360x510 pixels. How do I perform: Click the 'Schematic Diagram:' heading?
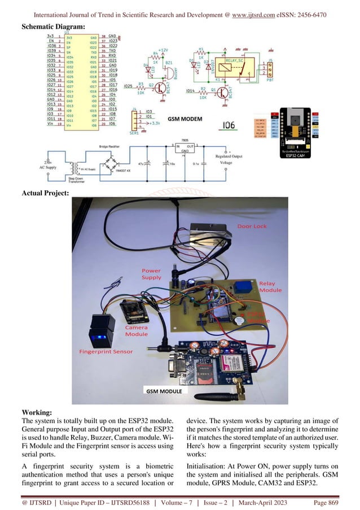[x=53, y=27]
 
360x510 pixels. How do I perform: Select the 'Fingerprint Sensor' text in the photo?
[x=106, y=351]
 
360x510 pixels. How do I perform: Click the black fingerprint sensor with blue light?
[x=103, y=332]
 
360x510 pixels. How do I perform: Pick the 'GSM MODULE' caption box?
[x=164, y=391]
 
